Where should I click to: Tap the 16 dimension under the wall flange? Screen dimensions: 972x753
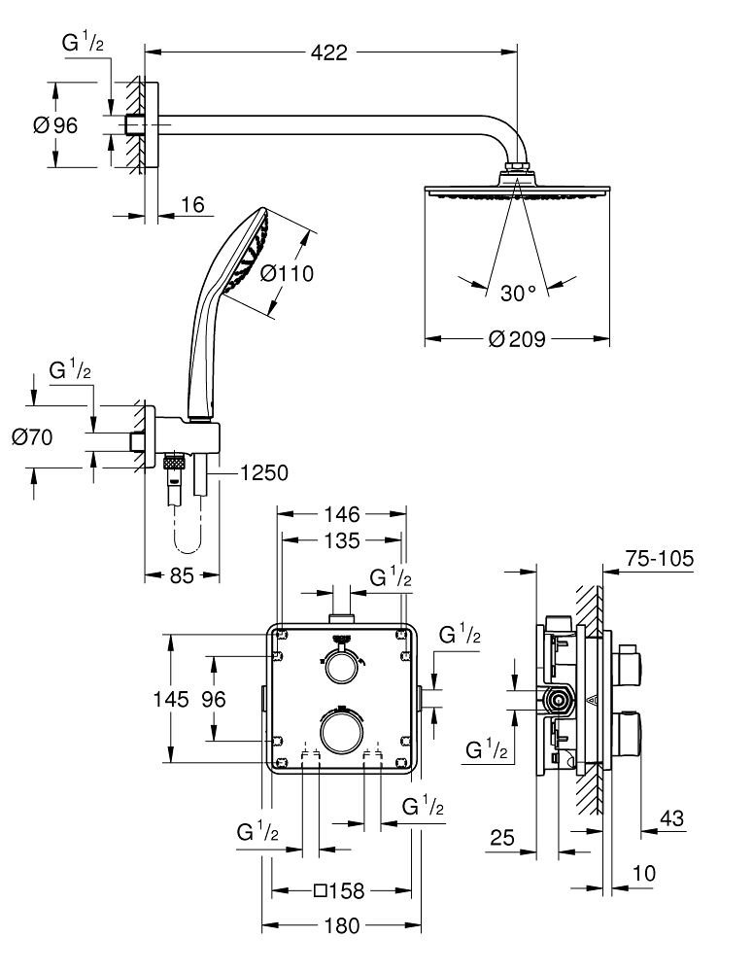point(192,205)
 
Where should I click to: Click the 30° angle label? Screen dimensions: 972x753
point(518,292)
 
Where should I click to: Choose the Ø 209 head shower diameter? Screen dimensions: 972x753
point(517,339)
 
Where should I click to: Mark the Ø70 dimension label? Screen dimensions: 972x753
point(31,437)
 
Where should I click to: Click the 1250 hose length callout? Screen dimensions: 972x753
point(262,473)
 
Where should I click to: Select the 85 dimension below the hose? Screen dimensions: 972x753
point(183,574)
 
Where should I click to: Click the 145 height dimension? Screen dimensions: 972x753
point(184,699)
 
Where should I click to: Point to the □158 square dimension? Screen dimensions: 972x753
point(341,890)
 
